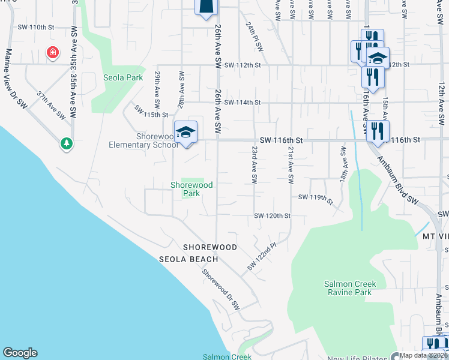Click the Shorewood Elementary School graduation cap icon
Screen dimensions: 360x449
(185, 132)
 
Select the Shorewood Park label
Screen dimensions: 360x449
(192, 190)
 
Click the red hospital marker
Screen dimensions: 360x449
(53, 53)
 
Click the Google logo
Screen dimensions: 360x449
(20, 353)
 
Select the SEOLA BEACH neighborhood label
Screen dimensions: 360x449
(188, 259)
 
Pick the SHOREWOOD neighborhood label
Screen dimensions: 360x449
(209, 247)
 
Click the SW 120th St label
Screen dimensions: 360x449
(272, 215)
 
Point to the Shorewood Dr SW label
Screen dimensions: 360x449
(220, 289)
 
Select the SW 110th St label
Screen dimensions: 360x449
(36, 27)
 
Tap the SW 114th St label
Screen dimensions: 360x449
(243, 103)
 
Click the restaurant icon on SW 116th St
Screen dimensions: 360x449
(377, 131)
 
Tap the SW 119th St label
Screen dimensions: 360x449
(315, 198)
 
